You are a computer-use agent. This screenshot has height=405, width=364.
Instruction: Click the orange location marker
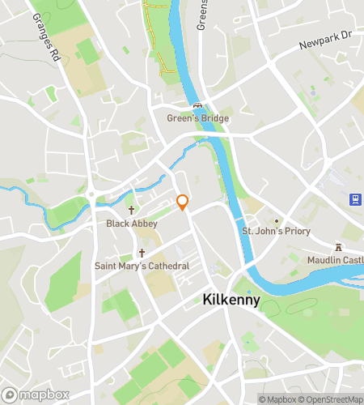[x=183, y=202]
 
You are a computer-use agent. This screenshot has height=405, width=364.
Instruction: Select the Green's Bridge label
[x=197, y=118]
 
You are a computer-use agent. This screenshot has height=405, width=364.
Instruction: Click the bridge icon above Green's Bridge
[x=197, y=106]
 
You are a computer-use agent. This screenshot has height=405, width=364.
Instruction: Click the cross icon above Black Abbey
[x=131, y=210]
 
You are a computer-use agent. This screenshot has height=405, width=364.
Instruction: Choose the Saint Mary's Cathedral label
[x=142, y=266]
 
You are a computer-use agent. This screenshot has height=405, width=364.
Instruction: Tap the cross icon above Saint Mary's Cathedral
[x=142, y=253]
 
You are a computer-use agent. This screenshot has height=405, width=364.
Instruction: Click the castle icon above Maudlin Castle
[x=339, y=246]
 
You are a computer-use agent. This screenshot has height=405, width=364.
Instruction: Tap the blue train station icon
[x=354, y=199]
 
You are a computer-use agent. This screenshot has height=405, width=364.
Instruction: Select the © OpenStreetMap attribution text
[x=332, y=399]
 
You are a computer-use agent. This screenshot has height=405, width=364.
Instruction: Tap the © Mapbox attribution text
[x=277, y=399]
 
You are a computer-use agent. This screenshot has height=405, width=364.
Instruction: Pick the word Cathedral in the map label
[x=168, y=266]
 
